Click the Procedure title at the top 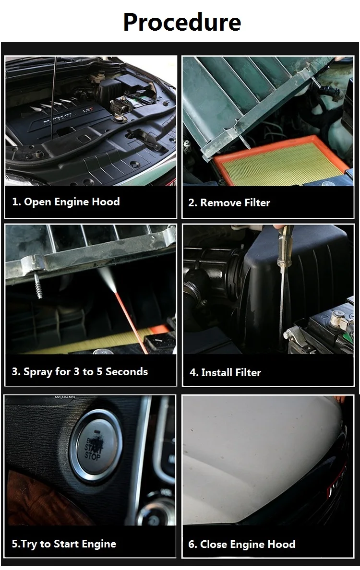[x=182, y=22]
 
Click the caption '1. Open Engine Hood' [x=66, y=202]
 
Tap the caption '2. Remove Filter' [x=229, y=202]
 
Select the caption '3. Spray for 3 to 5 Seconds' [x=80, y=371]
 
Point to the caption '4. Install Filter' [x=226, y=372]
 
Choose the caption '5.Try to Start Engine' [x=64, y=544]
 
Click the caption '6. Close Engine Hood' [x=242, y=544]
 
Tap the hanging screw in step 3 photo [x=38, y=286]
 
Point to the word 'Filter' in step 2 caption [x=257, y=202]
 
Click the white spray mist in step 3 [x=107, y=278]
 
